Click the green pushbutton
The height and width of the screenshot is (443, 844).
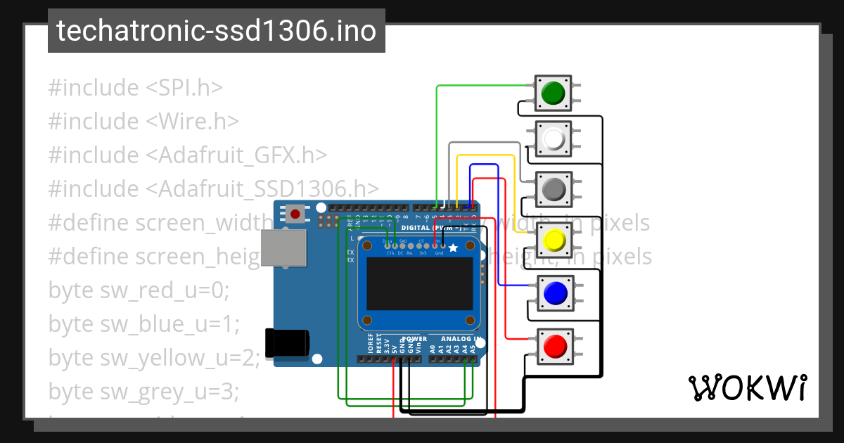554,93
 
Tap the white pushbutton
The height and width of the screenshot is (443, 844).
554,139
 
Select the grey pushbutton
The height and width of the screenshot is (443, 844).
554,188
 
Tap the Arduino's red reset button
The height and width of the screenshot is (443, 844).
295,213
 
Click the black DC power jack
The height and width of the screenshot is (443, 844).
287,342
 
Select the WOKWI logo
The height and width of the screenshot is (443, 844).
747,387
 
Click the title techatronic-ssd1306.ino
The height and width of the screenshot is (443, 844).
216,32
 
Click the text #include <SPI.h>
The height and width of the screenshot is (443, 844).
135,88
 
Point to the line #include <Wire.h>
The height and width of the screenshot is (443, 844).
143,122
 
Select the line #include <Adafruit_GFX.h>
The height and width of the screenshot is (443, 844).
188,155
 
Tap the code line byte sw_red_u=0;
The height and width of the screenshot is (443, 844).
139,290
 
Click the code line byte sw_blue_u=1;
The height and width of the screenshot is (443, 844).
144,324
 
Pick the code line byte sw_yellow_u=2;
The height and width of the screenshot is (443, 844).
154,358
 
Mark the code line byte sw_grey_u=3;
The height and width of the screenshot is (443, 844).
143,391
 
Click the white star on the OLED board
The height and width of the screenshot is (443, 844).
453,248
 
